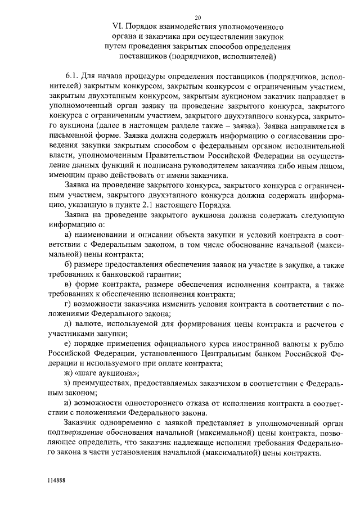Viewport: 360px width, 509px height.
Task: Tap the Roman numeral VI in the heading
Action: point(118,26)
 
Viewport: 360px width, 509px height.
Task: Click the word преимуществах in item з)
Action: point(104,383)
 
